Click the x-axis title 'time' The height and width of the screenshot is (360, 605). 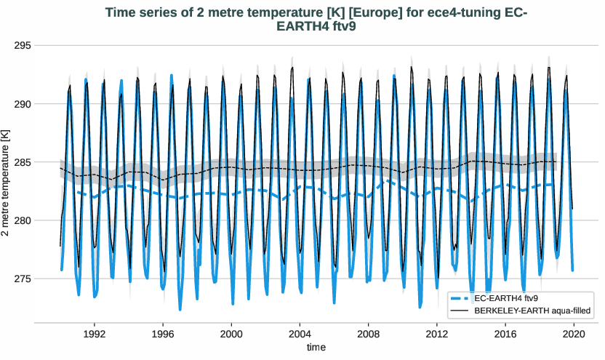point(316,348)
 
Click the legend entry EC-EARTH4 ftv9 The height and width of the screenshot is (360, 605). point(508,298)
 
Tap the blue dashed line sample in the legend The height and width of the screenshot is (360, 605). point(461,298)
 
